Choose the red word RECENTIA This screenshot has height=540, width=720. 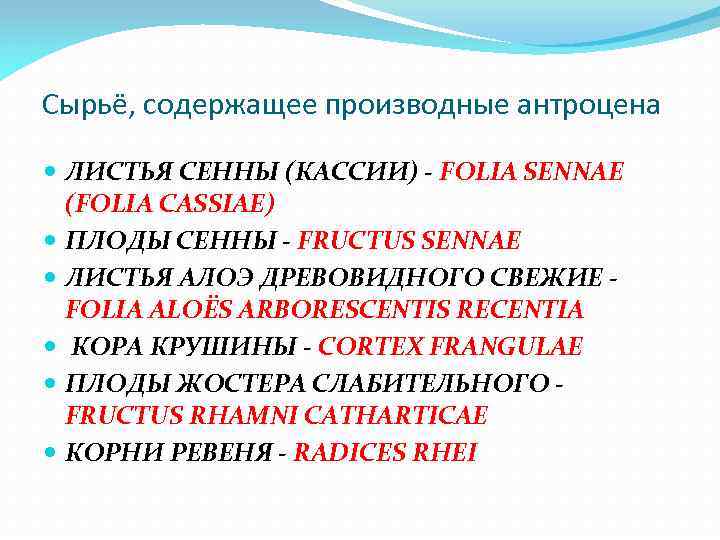pyautogui.click(x=527, y=310)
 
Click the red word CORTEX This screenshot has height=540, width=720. pyautogui.click(x=372, y=347)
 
